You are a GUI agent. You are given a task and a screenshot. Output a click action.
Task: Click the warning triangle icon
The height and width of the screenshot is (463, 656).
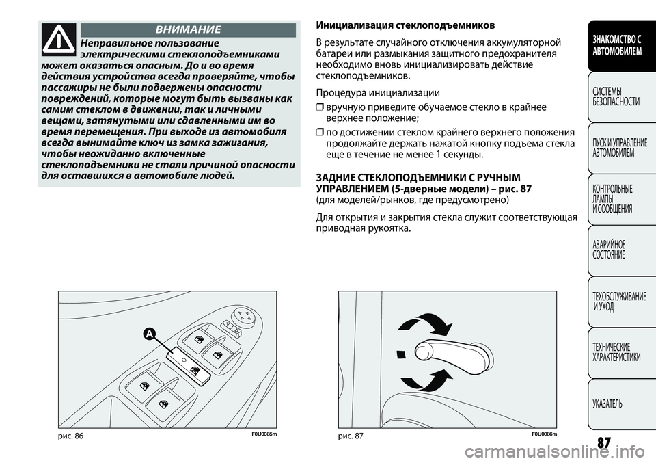(59, 39)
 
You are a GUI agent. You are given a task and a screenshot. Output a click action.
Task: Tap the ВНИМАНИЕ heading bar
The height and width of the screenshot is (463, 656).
(188, 29)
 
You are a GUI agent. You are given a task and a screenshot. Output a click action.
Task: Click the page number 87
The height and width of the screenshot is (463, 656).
(603, 442)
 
